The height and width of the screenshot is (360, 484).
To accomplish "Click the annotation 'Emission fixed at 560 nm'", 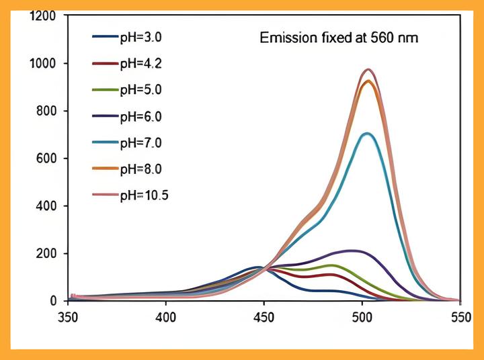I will point(339,38).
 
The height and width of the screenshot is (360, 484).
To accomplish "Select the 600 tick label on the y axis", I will point(46,159).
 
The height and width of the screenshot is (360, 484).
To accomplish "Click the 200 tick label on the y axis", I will point(46,254).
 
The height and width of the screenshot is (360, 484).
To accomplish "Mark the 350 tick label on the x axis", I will point(68,316).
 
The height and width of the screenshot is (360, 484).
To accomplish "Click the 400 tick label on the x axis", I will point(166,316).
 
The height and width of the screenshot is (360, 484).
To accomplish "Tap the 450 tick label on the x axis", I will point(264,316).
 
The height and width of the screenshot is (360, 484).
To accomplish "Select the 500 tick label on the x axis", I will point(362,316).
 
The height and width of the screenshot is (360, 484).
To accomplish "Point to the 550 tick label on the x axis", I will point(460,316).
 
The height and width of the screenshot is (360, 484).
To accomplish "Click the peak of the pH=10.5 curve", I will point(368,69).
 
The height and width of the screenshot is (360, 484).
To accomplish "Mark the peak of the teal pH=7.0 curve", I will point(366,133).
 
